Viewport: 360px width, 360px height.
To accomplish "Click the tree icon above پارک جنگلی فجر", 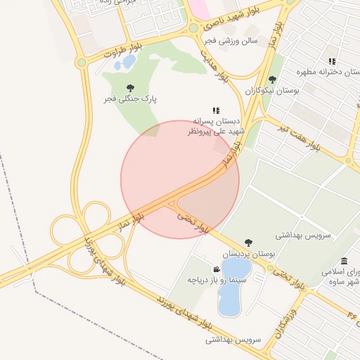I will click(x=129, y=88).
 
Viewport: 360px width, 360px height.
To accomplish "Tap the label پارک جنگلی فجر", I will click(x=130, y=99).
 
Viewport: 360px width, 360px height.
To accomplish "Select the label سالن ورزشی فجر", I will click(x=231, y=41).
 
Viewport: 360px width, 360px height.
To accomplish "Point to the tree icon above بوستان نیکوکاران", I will click(x=273, y=79).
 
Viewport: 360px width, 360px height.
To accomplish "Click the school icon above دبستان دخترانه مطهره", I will click(x=332, y=62).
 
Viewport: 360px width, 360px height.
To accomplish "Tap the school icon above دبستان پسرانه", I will click(x=216, y=110).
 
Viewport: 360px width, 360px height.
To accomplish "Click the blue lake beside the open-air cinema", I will click(x=231, y=288).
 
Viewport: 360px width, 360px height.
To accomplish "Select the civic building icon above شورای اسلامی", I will click(x=344, y=261).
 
